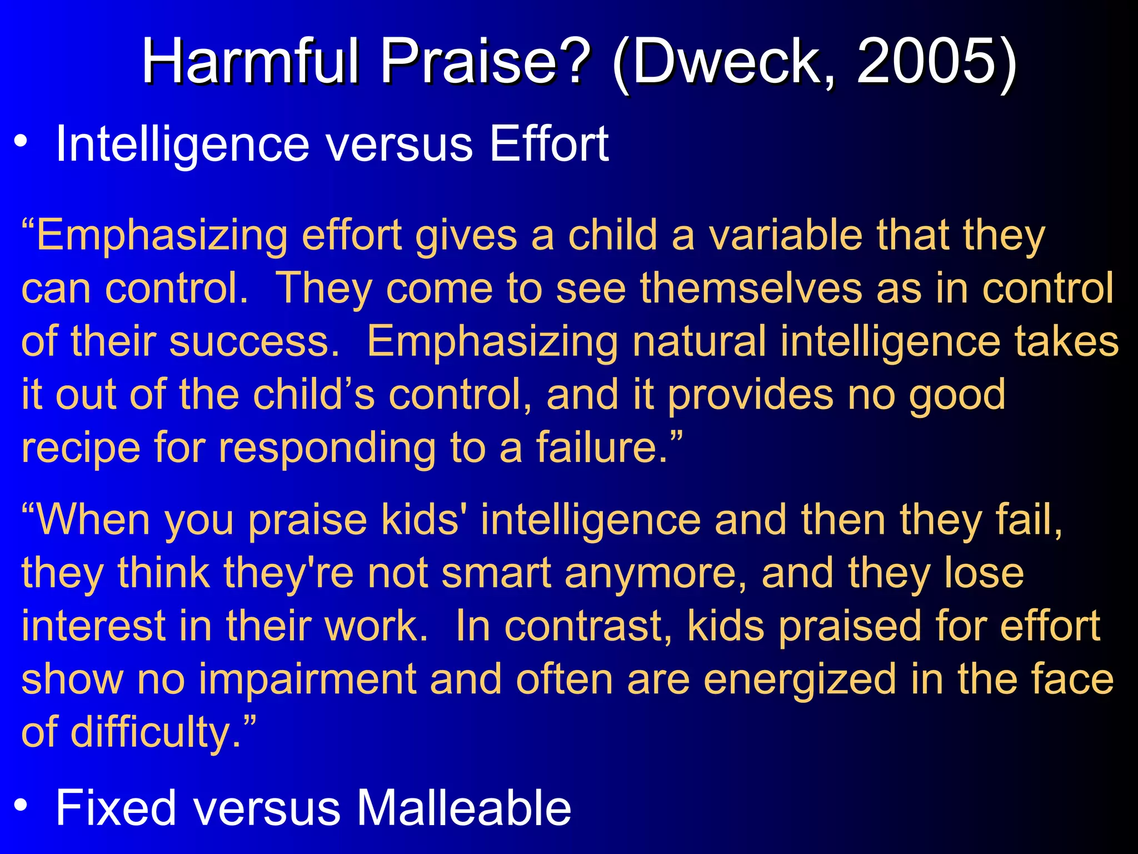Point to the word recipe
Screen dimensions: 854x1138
coord(81,448)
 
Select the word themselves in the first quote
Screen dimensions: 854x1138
coord(751,288)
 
